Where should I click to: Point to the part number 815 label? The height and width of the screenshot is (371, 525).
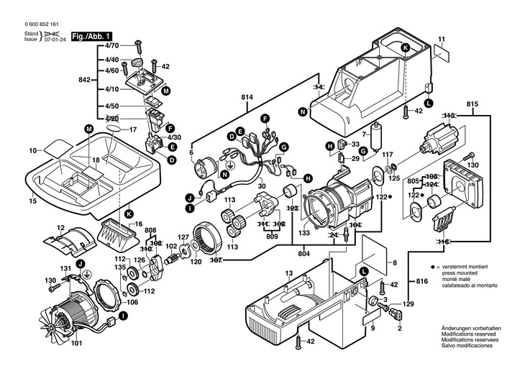472,105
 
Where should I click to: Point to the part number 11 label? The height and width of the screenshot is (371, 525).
442,38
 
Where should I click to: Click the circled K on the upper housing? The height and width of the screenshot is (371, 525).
405,47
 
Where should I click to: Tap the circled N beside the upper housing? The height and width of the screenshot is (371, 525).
303,111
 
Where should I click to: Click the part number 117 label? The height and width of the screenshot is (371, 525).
387,155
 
